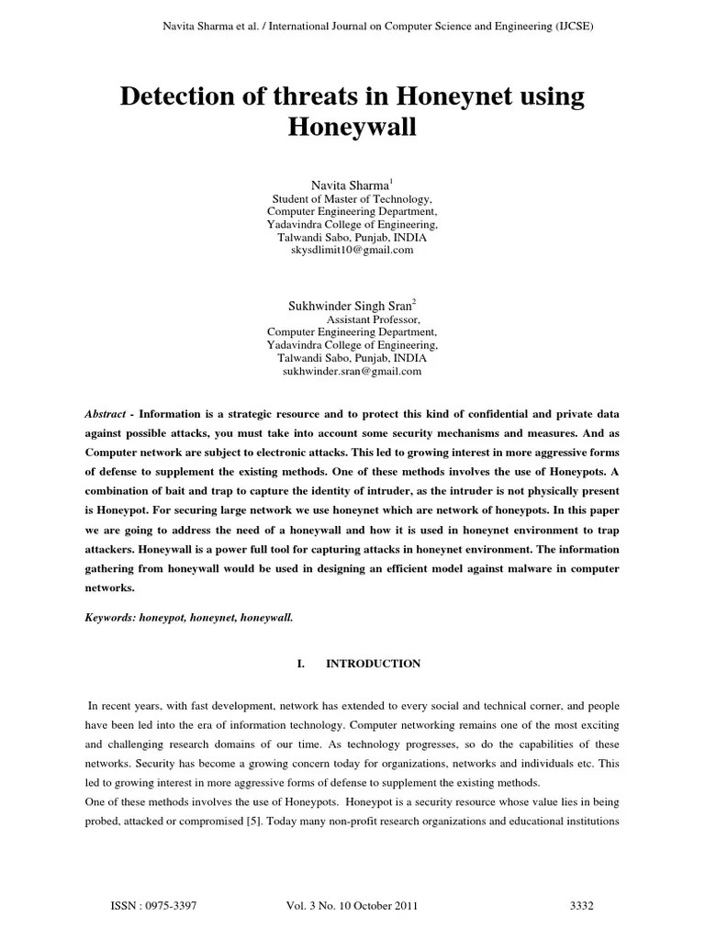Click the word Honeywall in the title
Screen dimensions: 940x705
(352, 128)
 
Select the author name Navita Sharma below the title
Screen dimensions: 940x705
(349, 186)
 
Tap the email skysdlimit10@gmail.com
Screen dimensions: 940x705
(352, 250)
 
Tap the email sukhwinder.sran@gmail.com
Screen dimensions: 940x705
(352, 371)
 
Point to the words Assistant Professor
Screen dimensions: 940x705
(368, 319)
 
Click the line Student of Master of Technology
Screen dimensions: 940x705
(352, 199)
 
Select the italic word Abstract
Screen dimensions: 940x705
(105, 414)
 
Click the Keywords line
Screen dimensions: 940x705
(189, 619)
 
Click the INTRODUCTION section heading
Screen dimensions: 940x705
(374, 664)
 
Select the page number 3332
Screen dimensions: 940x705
(583, 906)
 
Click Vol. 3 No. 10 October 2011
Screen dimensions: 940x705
(352, 906)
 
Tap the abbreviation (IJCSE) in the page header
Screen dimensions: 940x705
(569, 28)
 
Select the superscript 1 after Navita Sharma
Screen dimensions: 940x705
(392, 183)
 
